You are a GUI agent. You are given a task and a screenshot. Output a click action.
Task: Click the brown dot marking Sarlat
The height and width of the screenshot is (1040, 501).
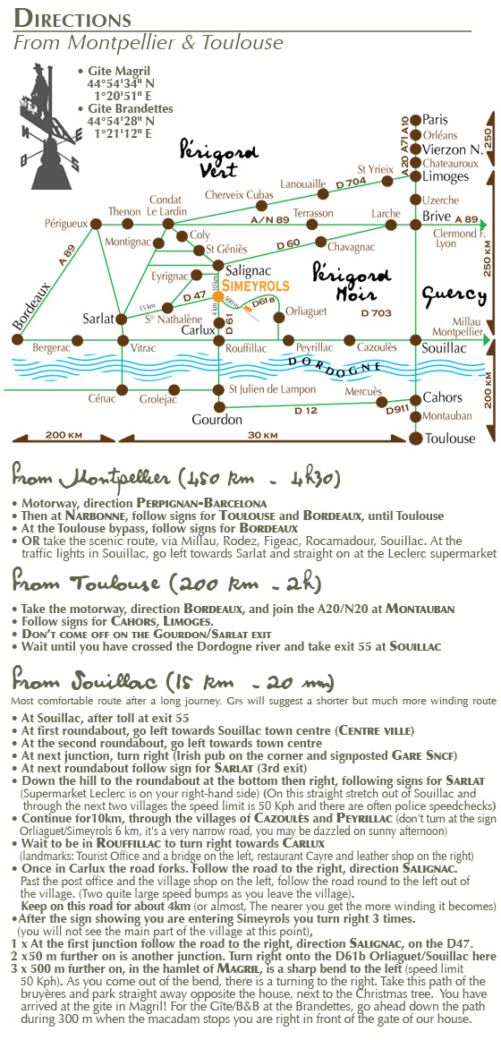122,320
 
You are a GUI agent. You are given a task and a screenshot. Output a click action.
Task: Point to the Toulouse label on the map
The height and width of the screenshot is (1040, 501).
451,439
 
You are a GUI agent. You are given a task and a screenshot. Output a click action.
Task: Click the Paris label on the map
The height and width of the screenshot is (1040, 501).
436,120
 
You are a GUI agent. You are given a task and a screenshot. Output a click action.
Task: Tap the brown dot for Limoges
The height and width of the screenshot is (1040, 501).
415,176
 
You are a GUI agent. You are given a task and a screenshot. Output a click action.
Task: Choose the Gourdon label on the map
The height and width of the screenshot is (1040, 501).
216,420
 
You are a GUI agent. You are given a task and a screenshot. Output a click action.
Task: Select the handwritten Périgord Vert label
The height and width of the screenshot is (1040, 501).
210,158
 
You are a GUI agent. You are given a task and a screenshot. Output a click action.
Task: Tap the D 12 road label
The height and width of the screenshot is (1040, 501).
307,411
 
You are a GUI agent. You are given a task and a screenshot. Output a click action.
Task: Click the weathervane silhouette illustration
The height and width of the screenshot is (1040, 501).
50,126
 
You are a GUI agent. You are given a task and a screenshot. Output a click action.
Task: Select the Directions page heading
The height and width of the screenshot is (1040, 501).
72,18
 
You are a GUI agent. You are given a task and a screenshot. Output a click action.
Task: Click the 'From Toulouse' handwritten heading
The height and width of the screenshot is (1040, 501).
166,583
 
